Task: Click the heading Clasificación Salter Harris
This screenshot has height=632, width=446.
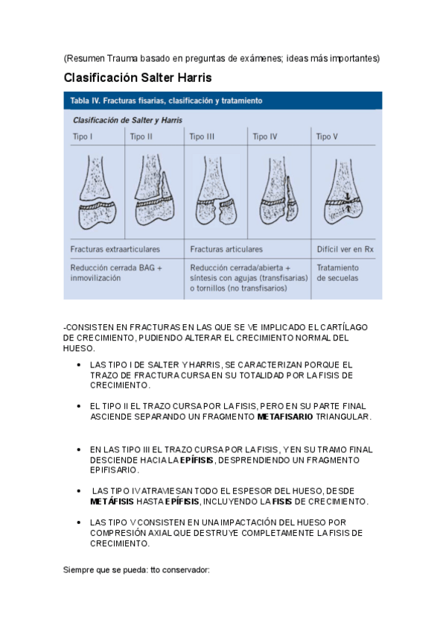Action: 138,78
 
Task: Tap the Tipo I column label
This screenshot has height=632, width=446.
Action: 81,136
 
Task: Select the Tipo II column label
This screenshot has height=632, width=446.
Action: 141,136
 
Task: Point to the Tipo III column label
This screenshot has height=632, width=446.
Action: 202,136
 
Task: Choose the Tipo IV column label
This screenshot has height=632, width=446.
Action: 265,136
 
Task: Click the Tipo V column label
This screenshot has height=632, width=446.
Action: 327,136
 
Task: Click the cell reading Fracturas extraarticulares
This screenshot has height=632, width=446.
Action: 115,249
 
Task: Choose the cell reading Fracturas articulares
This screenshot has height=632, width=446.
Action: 226,249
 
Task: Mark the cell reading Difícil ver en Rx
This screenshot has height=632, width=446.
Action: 345,249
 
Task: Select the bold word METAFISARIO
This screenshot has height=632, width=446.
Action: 284,417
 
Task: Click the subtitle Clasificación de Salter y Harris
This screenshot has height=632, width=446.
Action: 127,119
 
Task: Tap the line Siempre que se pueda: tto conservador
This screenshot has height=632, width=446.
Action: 136,569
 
